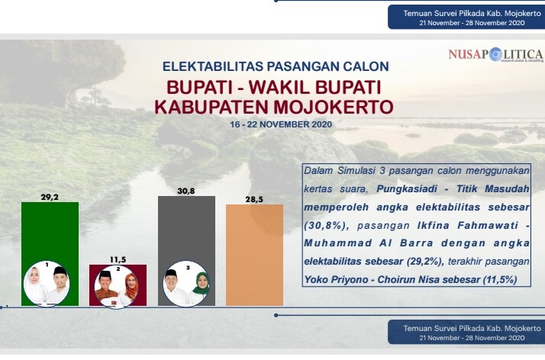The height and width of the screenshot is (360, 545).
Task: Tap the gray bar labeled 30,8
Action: [186, 229]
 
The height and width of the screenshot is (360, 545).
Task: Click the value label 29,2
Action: [50, 197]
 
